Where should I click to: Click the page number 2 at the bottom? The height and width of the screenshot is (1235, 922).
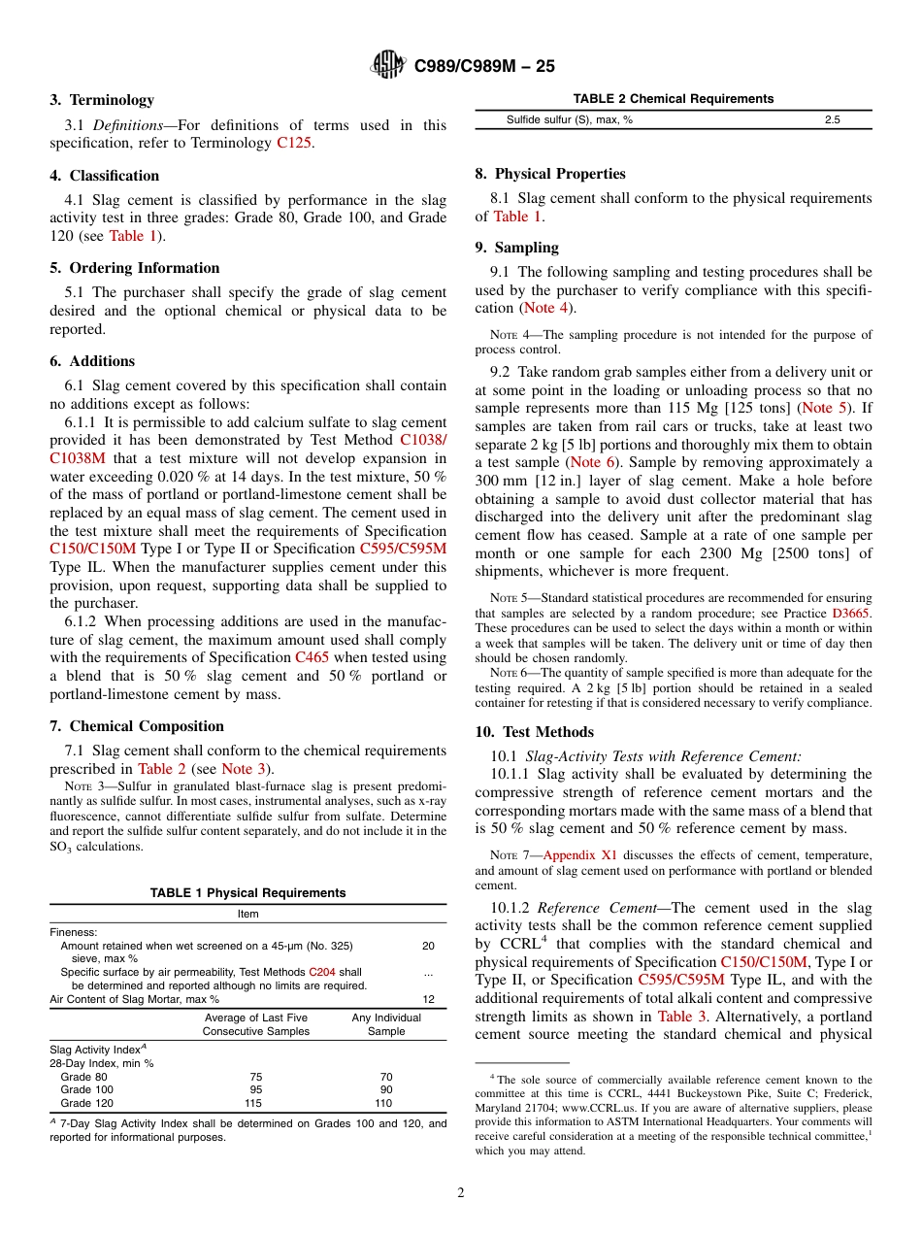(x=460, y=1193)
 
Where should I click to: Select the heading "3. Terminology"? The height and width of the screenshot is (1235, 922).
(x=102, y=100)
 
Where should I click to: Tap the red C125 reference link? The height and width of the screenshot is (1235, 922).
(x=295, y=143)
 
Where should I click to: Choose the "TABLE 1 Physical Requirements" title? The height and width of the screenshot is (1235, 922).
(x=247, y=893)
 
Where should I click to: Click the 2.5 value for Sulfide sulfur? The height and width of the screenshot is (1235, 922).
(x=832, y=119)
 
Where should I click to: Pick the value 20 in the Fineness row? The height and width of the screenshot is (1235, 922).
(x=428, y=946)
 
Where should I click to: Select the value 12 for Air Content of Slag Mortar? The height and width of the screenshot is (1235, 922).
(x=428, y=999)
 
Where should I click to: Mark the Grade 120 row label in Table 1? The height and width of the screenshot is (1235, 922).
(x=86, y=1103)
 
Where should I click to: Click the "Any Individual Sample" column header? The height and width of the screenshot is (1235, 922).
(x=385, y=1024)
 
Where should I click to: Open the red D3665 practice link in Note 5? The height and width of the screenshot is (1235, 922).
(x=851, y=614)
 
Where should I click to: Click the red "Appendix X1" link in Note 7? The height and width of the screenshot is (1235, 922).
(x=579, y=855)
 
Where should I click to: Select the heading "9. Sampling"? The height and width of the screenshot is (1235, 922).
(x=516, y=248)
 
